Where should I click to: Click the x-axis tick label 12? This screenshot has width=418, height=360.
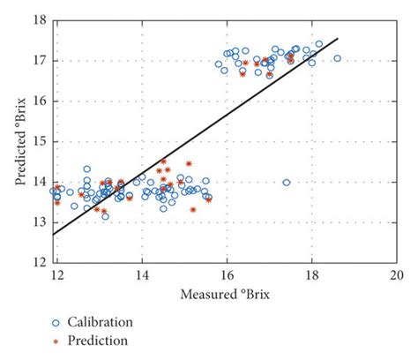(57, 274)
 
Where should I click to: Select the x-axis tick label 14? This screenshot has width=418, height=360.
(142, 274)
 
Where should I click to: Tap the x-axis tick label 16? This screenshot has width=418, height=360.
(227, 274)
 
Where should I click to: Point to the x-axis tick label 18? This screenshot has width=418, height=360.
(311, 274)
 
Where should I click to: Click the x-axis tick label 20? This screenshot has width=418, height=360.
(396, 274)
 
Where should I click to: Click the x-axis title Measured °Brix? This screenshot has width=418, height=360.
(228, 292)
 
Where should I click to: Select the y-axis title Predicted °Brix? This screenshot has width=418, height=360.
(19, 141)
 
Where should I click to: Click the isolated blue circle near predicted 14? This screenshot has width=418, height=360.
(286, 183)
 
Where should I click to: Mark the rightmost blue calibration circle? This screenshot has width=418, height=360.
(337, 58)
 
